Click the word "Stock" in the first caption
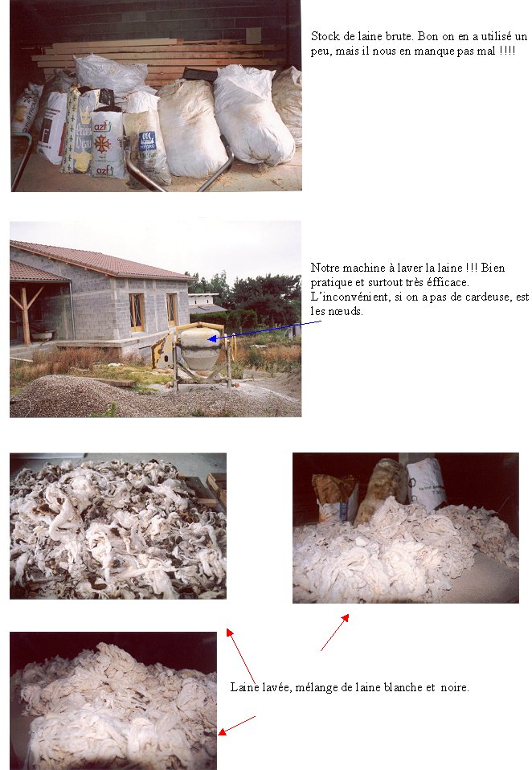click(325, 36)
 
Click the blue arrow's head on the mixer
click(212, 338)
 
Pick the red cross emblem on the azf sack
click(102, 145)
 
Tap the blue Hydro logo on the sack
click(147, 140)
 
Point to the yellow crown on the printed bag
click(85, 117)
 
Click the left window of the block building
click(137, 312)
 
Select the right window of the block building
click(172, 309)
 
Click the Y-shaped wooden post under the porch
click(23, 313)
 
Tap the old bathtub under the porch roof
click(43, 335)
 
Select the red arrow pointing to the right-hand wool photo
click(334, 632)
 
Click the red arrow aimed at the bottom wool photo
click(236, 726)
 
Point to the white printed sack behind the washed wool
click(425, 484)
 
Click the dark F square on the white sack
click(46, 136)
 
